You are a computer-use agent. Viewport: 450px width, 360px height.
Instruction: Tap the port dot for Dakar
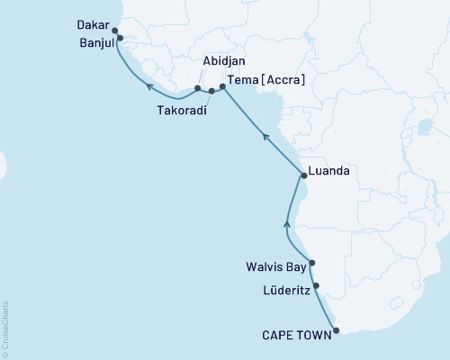115,30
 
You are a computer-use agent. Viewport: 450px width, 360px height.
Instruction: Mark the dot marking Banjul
120,39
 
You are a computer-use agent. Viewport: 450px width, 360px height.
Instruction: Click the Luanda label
328,169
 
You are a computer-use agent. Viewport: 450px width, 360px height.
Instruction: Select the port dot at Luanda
303,176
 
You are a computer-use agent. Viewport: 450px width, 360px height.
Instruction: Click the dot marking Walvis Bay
311,264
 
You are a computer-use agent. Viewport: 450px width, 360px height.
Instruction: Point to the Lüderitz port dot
316,286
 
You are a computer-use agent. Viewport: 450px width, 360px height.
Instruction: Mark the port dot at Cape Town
337,330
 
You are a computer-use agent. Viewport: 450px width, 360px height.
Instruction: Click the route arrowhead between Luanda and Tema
265,136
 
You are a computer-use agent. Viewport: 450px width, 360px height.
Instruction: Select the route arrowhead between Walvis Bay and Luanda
287,222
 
